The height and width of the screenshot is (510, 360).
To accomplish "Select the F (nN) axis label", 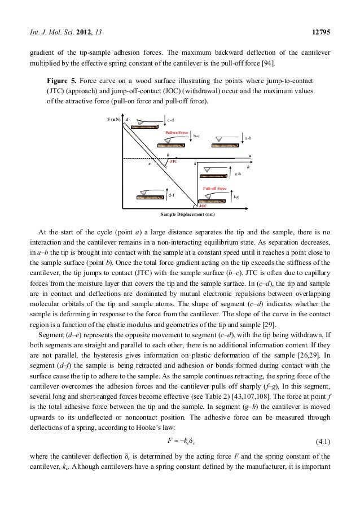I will point(114,120).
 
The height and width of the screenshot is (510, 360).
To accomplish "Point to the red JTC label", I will point(174,162).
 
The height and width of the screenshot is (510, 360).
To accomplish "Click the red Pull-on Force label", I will point(175,132).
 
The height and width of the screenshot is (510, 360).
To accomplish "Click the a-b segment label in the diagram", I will point(248,137).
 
